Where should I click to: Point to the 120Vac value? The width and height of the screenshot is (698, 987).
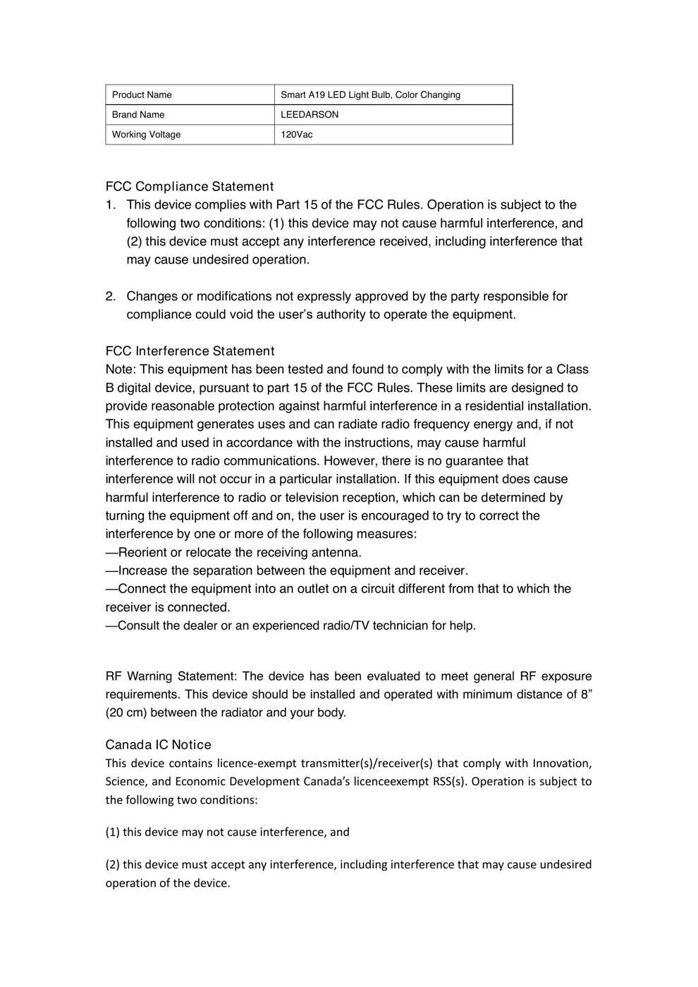click(x=296, y=135)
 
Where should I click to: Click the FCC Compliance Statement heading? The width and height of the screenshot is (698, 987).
click(x=189, y=187)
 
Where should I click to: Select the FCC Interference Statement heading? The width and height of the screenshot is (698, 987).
click(x=190, y=351)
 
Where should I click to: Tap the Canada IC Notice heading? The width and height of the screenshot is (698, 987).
click(x=158, y=745)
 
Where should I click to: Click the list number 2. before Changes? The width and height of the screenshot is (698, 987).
click(x=111, y=297)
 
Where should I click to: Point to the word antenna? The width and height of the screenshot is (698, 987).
click(x=336, y=553)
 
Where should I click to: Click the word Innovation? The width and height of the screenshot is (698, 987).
click(x=561, y=764)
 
